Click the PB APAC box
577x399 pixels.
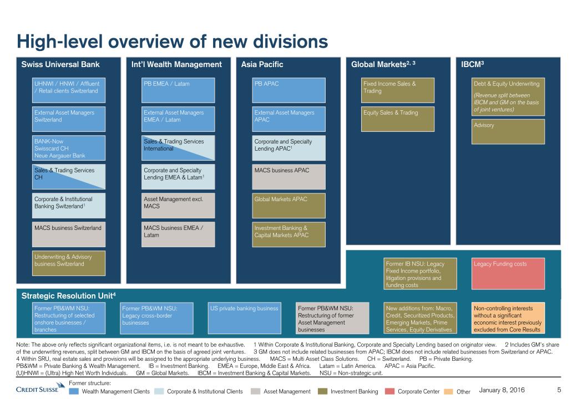288,90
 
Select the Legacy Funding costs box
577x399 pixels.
508,273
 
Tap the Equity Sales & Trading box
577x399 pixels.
398,119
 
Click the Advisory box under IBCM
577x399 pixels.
508,131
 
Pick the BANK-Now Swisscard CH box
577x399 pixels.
69,148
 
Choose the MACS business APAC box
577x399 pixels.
288,177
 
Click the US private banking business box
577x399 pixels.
244,318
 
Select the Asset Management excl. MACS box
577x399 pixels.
179,206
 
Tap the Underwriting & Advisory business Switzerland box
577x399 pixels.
69,263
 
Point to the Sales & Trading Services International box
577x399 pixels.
179,148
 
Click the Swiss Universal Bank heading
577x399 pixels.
60,64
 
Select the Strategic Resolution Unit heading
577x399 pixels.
68,296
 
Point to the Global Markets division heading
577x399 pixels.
383,64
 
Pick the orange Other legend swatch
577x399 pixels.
449,391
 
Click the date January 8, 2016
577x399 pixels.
502,390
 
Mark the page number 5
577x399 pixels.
559,390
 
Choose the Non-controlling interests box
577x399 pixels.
508,318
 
